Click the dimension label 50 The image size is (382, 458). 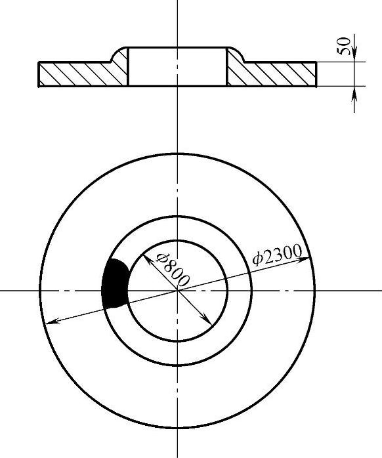(344, 46)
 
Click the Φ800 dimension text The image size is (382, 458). (173, 269)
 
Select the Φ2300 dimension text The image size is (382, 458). (277, 255)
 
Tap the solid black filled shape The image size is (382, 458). (115, 283)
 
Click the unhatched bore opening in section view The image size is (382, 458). (177, 66)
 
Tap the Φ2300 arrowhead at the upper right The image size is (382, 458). (305, 259)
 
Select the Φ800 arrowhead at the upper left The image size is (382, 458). (147, 259)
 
